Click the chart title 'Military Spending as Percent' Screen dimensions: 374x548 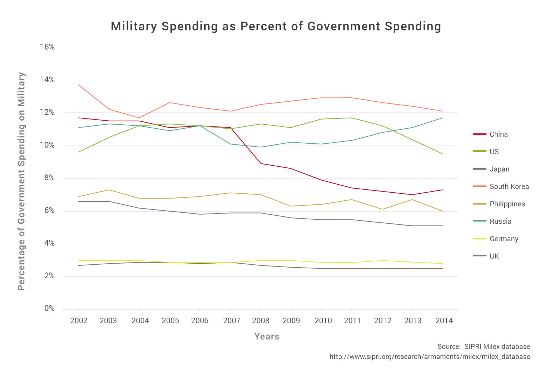pyautogui.click(x=276, y=27)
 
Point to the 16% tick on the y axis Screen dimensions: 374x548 pyautogui.click(x=47, y=47)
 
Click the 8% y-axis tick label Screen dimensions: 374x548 pyautogui.click(x=49, y=178)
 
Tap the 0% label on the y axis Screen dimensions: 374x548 pyautogui.click(x=49, y=309)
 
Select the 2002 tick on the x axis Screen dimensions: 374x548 pyautogui.click(x=79, y=321)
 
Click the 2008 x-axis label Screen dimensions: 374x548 pyautogui.click(x=260, y=321)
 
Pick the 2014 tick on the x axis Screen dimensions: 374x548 pyautogui.click(x=444, y=321)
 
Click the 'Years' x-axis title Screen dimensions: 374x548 pyautogui.click(x=267, y=337)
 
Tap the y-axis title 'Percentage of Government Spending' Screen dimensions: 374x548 pyautogui.click(x=22, y=181)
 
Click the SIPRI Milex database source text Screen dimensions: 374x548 pyautogui.click(x=484, y=347)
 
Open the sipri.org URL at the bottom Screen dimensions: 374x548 pyautogui.click(x=430, y=357)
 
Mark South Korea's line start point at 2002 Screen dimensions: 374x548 pyautogui.click(x=79, y=85)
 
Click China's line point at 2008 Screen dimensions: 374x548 pyautogui.click(x=260, y=163)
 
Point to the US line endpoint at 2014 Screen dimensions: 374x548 pyautogui.click(x=443, y=154)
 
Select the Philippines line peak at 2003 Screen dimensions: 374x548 pyautogui.click(x=109, y=190)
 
